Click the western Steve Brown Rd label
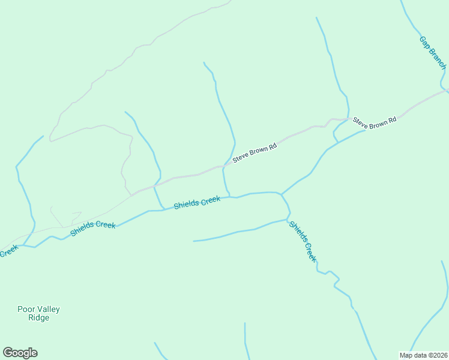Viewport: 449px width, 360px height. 255,153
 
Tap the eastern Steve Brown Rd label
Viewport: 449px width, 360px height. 375,121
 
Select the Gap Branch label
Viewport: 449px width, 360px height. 433,53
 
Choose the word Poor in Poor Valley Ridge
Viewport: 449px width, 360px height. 25,310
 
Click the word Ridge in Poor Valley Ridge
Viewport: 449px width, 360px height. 38,318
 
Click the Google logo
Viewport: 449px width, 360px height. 20,353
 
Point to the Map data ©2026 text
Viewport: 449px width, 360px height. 423,355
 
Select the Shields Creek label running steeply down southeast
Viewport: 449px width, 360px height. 302,241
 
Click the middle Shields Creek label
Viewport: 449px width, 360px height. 197,202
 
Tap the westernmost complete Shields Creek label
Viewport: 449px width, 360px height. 93,227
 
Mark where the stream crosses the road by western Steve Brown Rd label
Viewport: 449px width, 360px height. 224,165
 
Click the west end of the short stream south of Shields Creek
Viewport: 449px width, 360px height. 194,241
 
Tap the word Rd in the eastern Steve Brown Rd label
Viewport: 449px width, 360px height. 392,121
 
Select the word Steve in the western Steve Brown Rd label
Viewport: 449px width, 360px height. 241,158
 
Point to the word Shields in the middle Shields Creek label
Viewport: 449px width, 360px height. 187,204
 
